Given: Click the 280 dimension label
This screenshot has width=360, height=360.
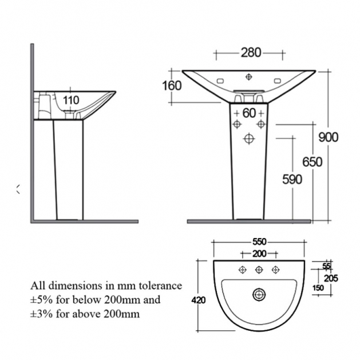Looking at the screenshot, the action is (251, 53).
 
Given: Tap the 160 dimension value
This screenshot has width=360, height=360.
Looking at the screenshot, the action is (172, 86).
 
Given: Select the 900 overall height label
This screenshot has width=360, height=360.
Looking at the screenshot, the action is (329, 137).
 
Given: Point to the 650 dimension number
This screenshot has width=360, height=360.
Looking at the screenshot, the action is (312, 161).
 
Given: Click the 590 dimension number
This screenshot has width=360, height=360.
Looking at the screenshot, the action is (292, 179).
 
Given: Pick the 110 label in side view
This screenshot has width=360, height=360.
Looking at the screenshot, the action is (71, 100).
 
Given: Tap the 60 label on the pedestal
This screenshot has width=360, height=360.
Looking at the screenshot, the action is (249, 113).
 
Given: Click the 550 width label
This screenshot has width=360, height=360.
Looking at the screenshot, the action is (259, 242).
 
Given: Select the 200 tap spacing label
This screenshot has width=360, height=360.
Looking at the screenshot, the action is (259, 254).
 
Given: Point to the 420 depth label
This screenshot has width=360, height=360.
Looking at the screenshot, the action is (199, 300).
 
